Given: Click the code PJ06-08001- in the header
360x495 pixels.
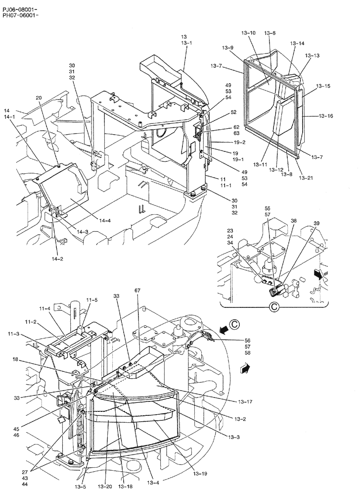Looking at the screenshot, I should point(21,9).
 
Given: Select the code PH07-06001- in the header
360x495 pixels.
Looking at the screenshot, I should point(21,16).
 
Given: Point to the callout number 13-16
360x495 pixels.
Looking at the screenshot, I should point(325,116).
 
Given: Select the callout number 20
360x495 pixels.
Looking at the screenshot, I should point(39,98).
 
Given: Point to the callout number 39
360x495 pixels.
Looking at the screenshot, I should point(317,224).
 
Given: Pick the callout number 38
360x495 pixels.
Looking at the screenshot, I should point(294,221).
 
